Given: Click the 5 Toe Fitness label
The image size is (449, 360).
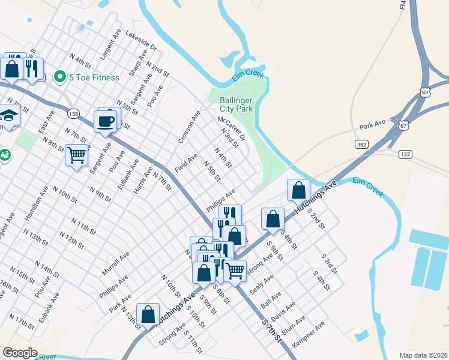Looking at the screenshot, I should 94,77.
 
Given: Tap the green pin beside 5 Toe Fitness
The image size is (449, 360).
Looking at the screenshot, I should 59,77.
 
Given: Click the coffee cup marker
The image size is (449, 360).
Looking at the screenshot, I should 106,121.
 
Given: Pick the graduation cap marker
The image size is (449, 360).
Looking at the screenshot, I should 8,115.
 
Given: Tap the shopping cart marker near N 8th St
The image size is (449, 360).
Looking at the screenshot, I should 77,155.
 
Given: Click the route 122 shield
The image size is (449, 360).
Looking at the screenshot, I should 406,154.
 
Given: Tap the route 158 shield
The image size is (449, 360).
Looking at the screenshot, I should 73,113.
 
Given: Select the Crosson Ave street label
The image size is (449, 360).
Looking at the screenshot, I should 188,127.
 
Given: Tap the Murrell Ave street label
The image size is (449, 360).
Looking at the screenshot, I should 115,263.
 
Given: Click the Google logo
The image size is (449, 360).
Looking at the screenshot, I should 20,352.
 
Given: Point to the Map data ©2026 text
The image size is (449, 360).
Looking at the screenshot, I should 423,355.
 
